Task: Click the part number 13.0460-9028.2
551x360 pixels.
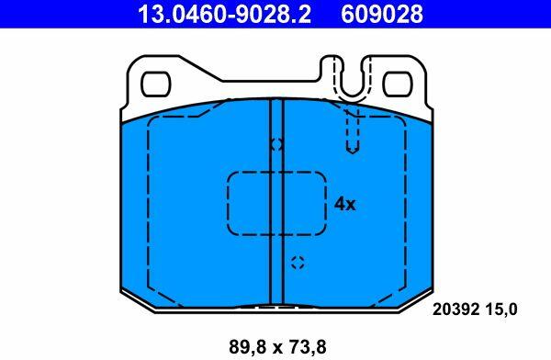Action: pyautogui.click(x=224, y=14)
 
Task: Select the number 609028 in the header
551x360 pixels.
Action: pyautogui.click(x=382, y=14)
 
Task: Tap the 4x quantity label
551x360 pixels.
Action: pyautogui.click(x=344, y=204)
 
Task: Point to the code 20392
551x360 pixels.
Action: pyautogui.click(x=455, y=309)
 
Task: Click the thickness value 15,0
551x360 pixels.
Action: pyautogui.click(x=501, y=309)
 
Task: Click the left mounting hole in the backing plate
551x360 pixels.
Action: pyautogui.click(x=156, y=84)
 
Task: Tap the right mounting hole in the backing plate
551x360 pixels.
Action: pyautogui.click(x=398, y=84)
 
